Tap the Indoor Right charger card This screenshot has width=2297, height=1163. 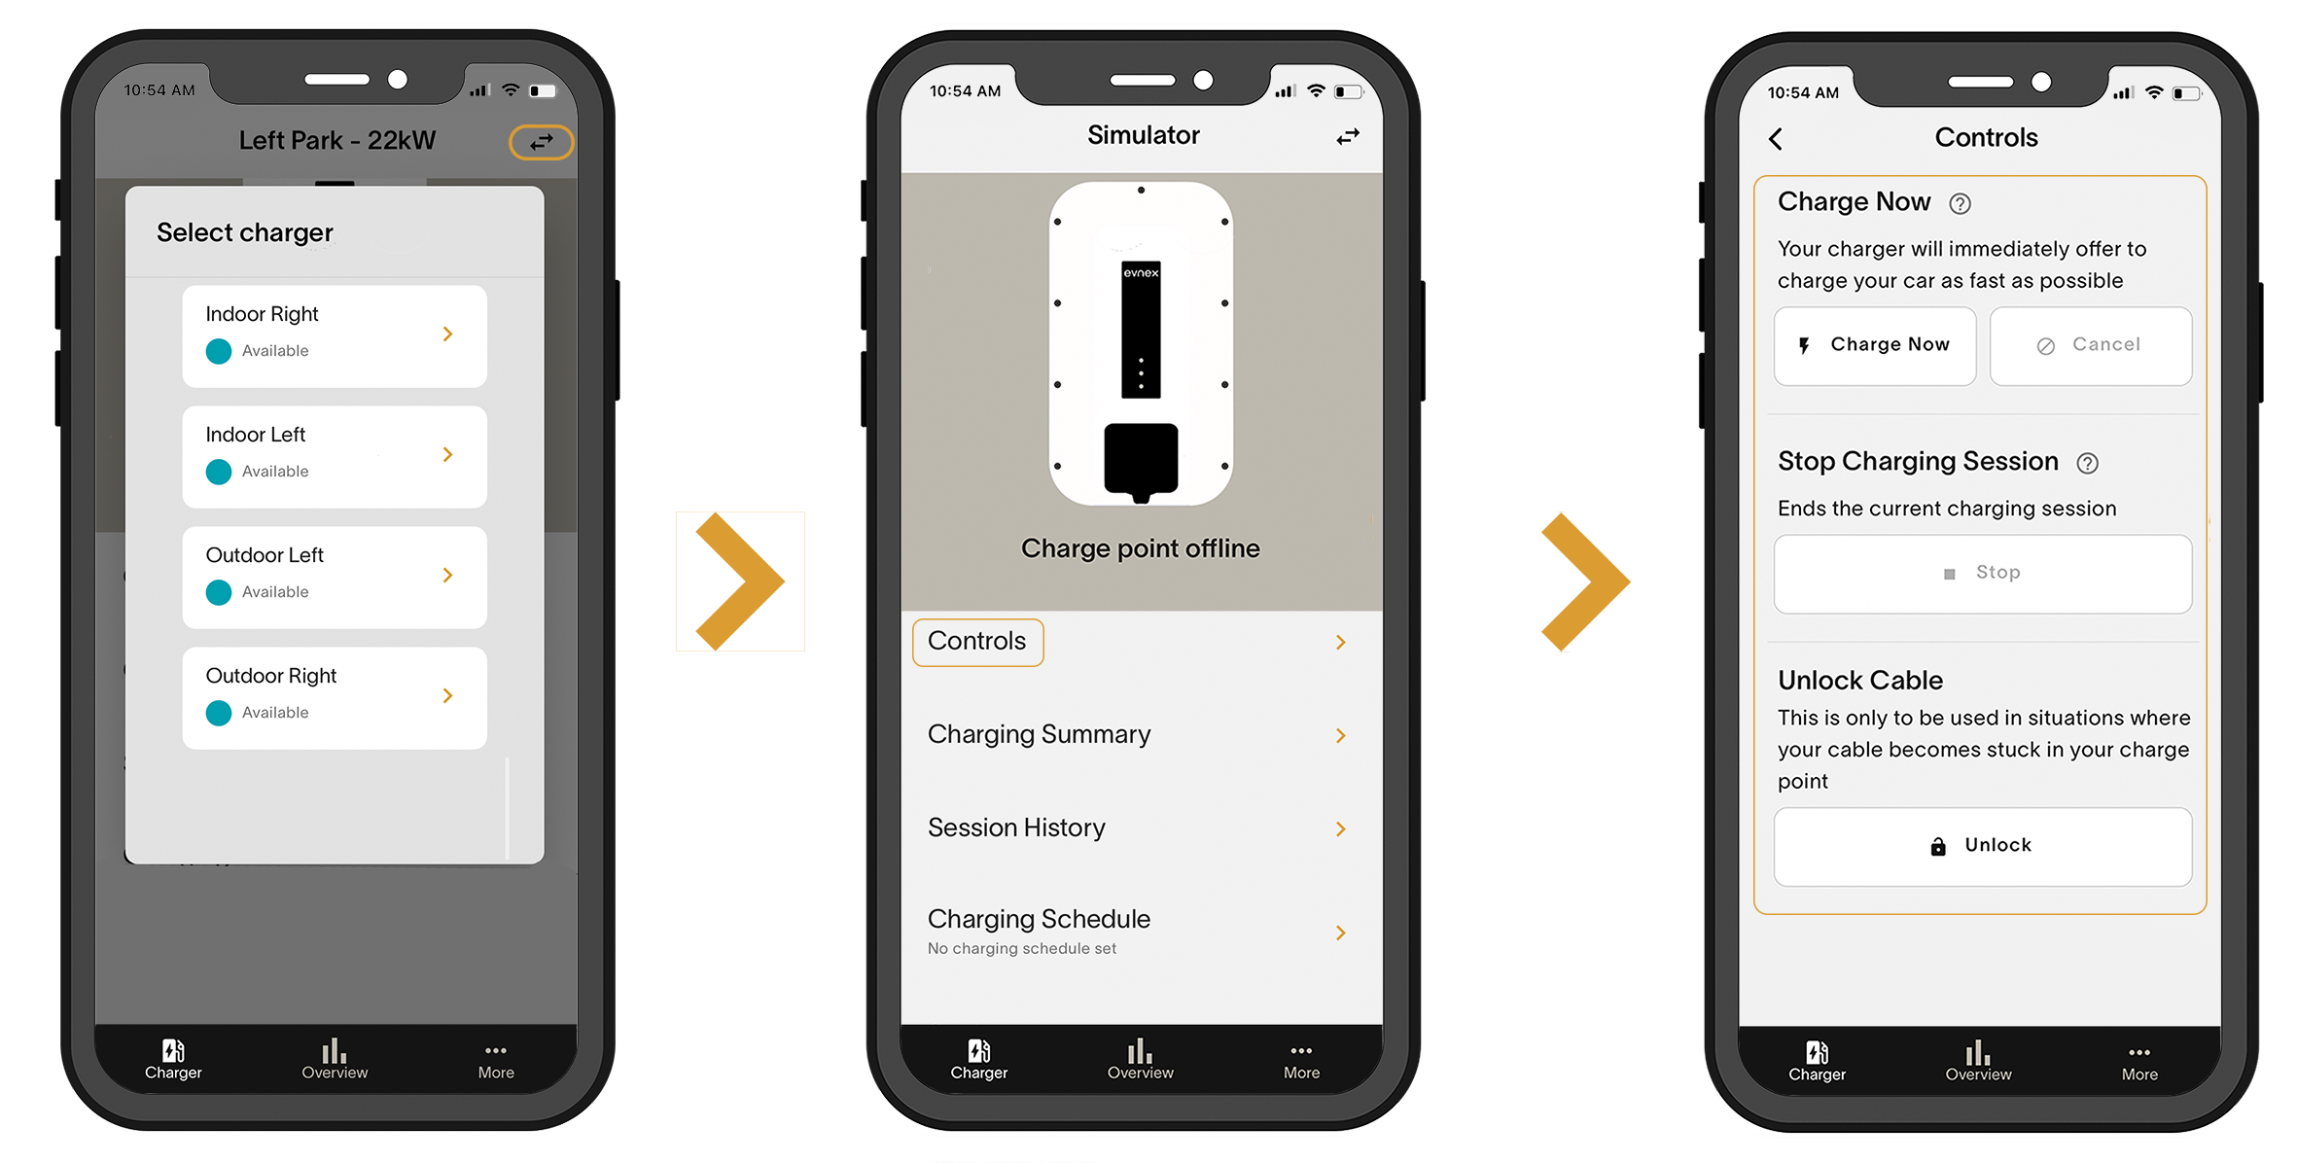point(334,335)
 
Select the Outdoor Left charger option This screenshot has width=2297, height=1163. point(334,577)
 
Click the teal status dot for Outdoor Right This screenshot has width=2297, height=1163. point(219,713)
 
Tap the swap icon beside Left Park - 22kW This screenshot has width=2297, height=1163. point(542,142)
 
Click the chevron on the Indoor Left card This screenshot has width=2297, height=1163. point(447,454)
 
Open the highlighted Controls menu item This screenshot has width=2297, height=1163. point(977,642)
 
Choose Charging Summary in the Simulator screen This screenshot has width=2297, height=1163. point(1039,734)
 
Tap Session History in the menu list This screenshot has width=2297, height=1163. point(1016,828)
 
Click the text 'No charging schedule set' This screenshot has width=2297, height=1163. point(1022,948)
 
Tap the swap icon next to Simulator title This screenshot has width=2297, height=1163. point(1348,137)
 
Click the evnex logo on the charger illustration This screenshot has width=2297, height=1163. point(1141,272)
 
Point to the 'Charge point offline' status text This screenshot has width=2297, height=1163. point(1141,548)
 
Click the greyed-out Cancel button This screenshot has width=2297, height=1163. point(2091,346)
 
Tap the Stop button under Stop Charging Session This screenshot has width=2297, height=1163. point(1983,574)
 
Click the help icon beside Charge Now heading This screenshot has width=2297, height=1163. point(1960,203)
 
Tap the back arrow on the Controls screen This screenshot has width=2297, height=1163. point(1776,139)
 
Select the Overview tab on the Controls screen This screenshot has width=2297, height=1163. point(1978,1061)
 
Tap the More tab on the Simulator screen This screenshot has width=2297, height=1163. point(1301,1061)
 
